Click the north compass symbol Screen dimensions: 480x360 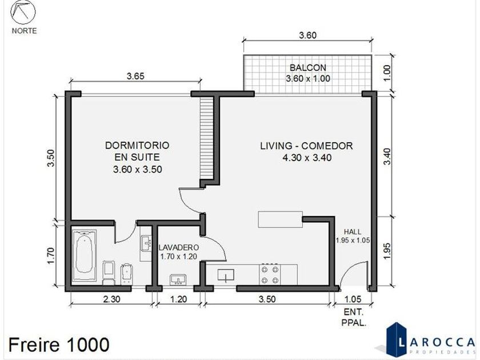point(23,12)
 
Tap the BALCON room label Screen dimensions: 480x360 point(308,67)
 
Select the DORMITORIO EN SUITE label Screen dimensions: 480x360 point(137,151)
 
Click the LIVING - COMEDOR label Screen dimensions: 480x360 point(306,146)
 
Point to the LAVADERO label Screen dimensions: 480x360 point(178,247)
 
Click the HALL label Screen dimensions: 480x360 point(353,232)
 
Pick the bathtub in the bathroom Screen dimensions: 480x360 point(85,255)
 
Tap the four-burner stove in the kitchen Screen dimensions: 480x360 point(270,274)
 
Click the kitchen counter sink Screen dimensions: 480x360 point(226,275)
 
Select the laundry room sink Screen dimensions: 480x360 point(178,280)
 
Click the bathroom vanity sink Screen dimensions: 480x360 point(146,243)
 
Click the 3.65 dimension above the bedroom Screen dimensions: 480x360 point(135,76)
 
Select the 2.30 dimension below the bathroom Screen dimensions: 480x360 point(112,299)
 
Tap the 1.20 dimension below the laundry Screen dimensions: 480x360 point(178,299)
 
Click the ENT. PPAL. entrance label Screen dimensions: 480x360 point(354,318)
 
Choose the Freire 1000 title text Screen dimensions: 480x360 point(59,345)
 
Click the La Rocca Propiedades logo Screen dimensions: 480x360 point(429,341)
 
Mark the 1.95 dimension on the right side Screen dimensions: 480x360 point(387,251)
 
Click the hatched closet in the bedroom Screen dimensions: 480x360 point(206,138)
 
